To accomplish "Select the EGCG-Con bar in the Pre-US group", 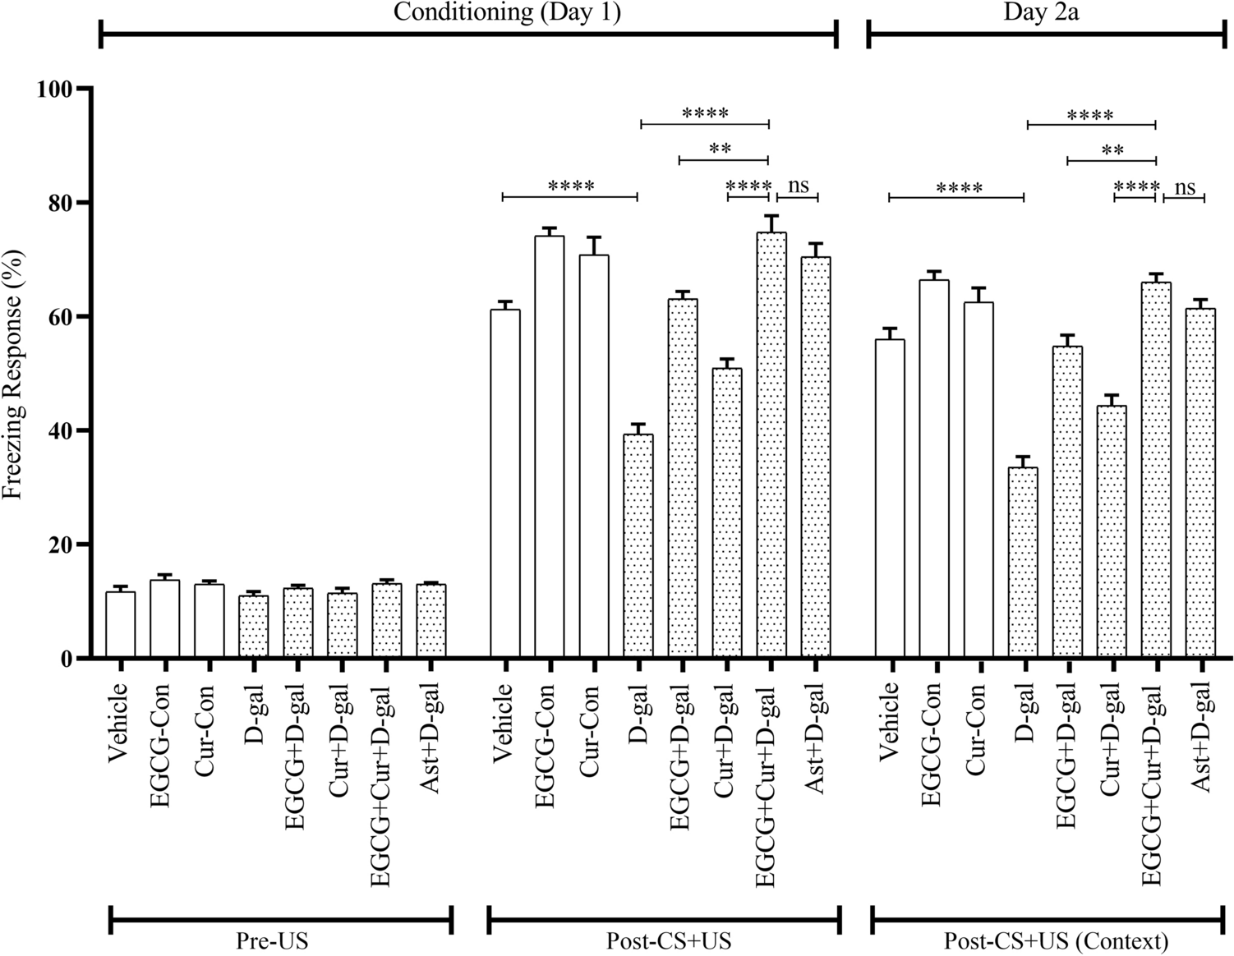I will [164, 618].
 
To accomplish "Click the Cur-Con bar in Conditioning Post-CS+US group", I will [594, 457].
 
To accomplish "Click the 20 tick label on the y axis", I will [59, 545].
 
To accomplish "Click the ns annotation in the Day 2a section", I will [1185, 187].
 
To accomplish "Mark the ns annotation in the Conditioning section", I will [799, 186].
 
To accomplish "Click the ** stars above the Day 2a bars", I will [1112, 151].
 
